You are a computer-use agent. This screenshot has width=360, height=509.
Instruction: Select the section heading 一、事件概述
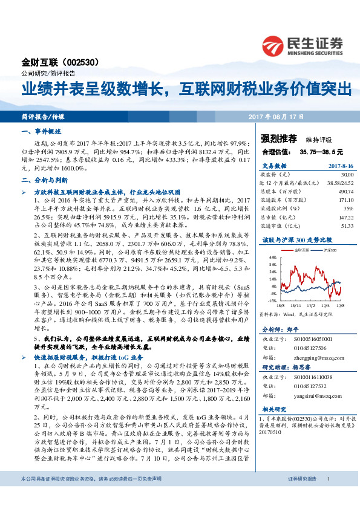pyautogui.click(x=42, y=131)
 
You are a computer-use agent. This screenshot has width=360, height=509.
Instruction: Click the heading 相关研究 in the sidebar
pyautogui.click(x=274, y=409)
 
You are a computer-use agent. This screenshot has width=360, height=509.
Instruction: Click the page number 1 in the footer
pyautogui.click(x=327, y=496)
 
